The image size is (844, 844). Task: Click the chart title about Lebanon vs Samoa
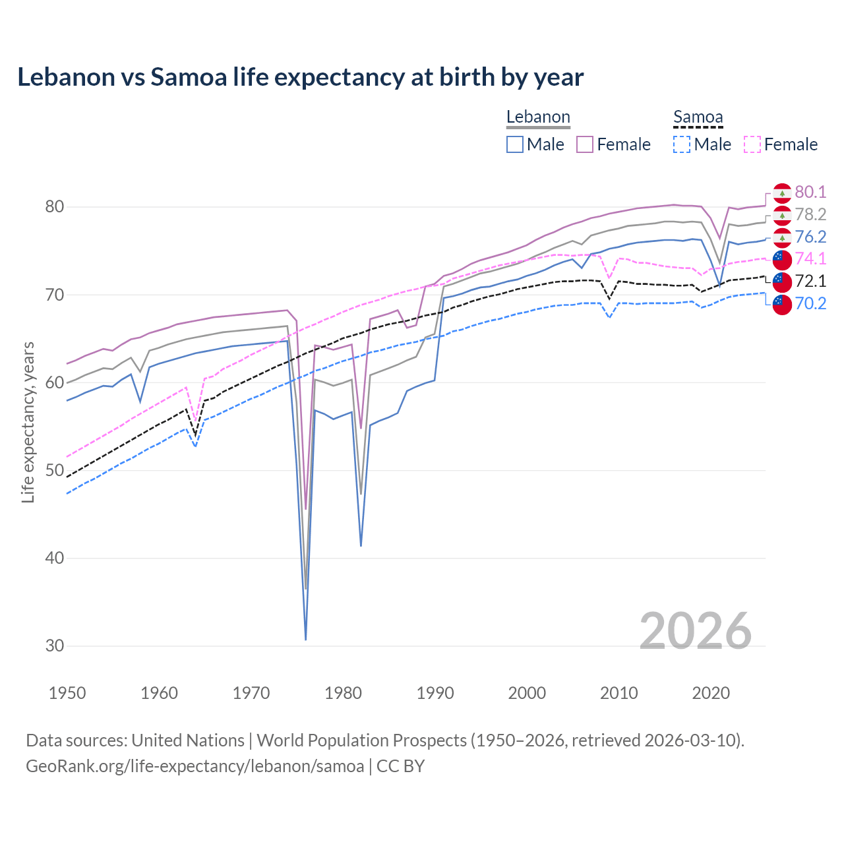300,77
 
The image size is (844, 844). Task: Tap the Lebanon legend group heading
538,117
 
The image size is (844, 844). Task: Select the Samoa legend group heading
698,117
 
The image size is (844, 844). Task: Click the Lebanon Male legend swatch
515,144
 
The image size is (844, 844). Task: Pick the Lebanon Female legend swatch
585,144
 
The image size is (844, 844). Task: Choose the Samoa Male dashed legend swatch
682,144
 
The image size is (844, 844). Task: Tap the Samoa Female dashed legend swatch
752,144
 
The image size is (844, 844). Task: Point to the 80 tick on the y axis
54,207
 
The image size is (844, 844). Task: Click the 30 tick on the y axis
54,646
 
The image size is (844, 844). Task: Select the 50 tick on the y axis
54,470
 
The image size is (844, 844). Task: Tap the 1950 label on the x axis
67,693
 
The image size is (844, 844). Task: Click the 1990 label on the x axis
435,693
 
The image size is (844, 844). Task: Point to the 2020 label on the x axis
711,693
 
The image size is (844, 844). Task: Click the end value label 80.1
810,192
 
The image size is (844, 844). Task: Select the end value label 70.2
810,303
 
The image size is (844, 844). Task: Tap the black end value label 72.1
810,281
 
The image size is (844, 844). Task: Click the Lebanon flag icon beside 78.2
782,215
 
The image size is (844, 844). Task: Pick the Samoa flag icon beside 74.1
782,259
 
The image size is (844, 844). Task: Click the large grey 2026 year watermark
695,631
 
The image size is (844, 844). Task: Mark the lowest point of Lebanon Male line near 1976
306,639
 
